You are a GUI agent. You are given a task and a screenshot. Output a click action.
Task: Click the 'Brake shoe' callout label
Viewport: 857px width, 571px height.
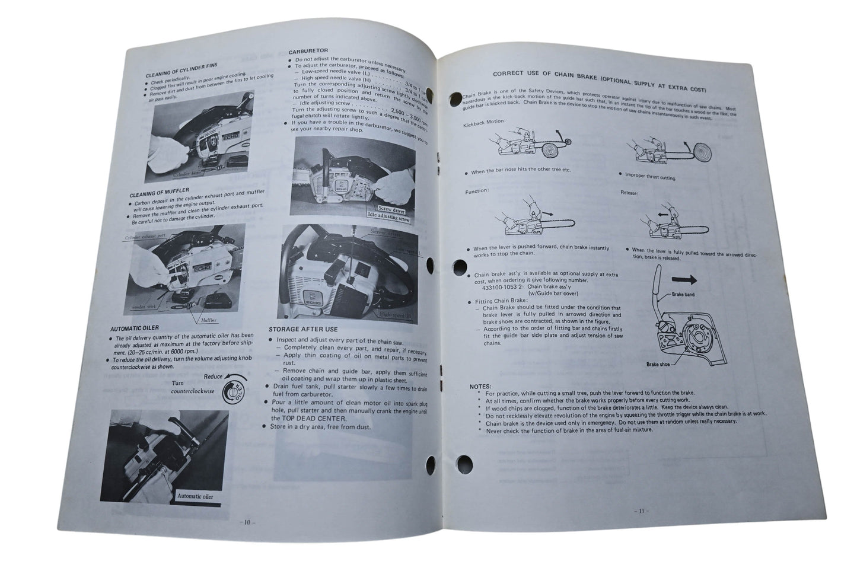tap(657, 364)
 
